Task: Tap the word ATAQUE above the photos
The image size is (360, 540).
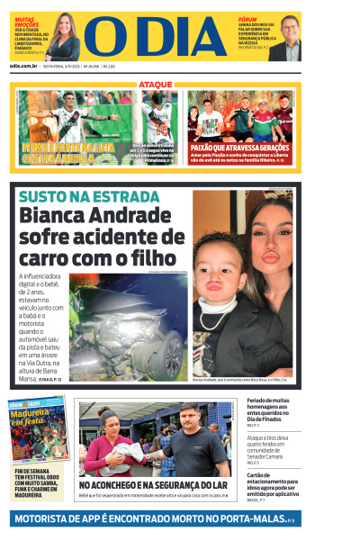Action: coord(156,85)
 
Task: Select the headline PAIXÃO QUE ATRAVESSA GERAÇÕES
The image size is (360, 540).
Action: coord(240,147)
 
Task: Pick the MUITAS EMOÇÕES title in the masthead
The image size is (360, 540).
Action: coord(26,20)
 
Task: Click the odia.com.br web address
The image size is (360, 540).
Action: coord(23,66)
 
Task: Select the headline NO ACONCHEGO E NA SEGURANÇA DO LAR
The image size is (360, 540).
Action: coord(152,485)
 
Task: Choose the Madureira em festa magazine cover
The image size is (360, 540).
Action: coord(37,429)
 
